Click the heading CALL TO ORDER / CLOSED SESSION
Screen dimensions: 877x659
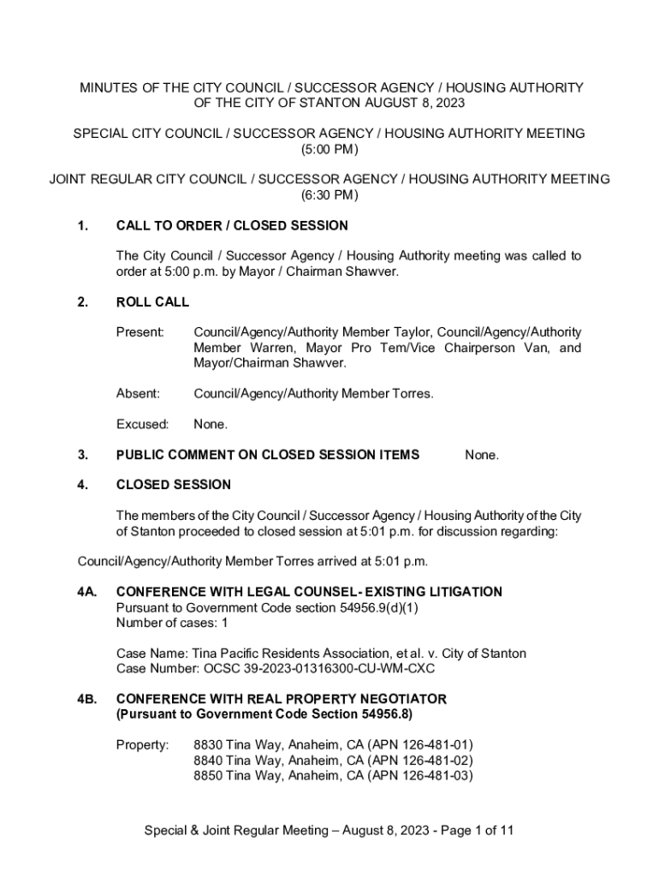(232, 226)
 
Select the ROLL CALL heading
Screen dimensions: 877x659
(152, 302)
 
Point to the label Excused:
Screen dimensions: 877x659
(142, 425)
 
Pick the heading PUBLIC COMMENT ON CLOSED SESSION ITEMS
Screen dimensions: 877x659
(267, 455)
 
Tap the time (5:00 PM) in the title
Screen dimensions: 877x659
(329, 149)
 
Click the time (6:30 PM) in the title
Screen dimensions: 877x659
(329, 195)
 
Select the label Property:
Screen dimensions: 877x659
(142, 745)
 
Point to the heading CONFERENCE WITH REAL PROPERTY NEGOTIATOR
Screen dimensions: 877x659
(281, 700)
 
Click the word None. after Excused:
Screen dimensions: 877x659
(211, 425)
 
